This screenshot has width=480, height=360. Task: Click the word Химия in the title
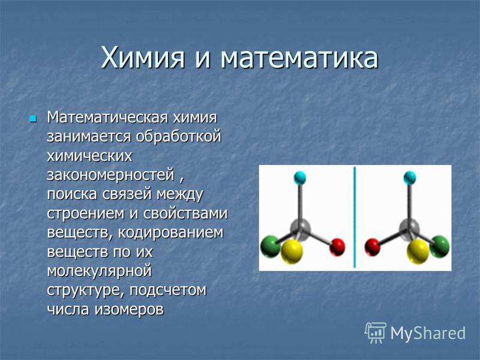143,57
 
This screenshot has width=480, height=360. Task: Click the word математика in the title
299,58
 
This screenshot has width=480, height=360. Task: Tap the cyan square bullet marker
33,118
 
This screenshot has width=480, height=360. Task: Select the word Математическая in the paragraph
107,117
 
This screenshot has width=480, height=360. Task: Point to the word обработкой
178,136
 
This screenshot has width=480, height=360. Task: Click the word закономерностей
111,175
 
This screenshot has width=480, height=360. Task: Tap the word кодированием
171,233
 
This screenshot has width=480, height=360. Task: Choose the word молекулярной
100,271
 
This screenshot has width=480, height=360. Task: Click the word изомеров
129,310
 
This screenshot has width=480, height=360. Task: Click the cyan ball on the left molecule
300,178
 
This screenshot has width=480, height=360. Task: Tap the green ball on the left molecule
271,247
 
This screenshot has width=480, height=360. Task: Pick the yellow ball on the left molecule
292,251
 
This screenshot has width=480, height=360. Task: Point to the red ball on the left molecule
337,247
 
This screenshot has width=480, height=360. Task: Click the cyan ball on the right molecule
410,178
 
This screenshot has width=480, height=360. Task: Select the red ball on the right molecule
373,247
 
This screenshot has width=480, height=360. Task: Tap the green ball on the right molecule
440,247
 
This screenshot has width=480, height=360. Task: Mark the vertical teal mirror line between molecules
355,217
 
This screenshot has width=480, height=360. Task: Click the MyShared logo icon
376,333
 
